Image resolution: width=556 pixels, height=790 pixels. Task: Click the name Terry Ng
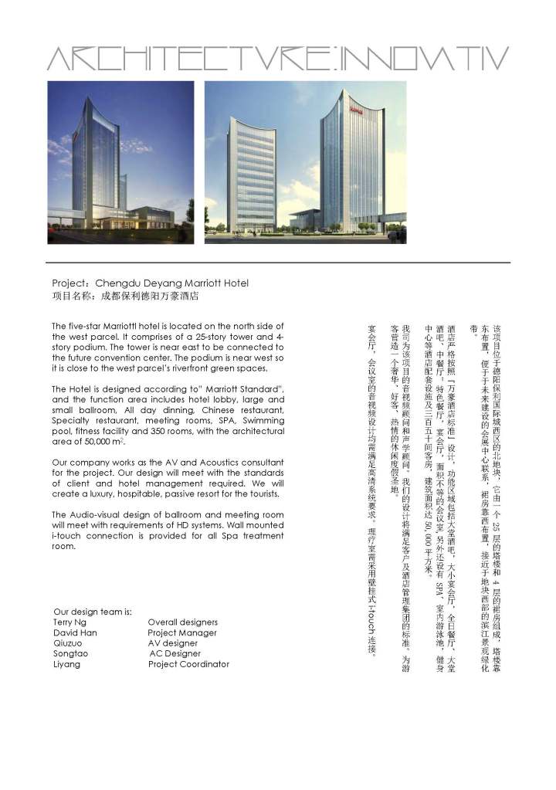coord(68,622)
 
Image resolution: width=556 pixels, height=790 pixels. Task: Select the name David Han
coord(75,632)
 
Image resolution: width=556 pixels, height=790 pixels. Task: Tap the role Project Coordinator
coord(188,664)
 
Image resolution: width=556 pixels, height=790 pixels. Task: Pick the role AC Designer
coord(175,653)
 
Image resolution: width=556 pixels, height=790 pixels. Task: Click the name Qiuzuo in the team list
coord(69,643)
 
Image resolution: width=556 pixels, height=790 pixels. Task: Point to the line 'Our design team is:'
coord(93,612)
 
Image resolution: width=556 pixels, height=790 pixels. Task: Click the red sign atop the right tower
coord(355,110)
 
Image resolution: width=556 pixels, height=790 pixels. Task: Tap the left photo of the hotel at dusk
coord(121,161)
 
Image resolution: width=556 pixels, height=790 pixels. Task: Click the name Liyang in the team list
coord(66,664)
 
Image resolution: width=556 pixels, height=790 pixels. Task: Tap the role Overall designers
coord(183,622)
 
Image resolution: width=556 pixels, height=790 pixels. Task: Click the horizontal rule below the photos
coord(278,263)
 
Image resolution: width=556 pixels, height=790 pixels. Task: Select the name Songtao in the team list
coord(70,653)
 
